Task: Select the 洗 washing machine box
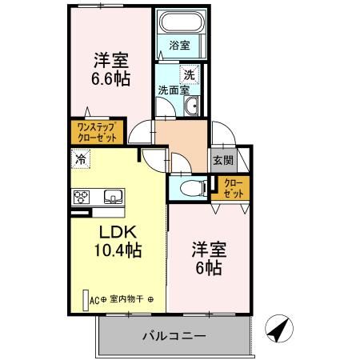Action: [x=188, y=74]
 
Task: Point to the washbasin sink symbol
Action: [x=192, y=108]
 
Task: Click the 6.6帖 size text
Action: [x=110, y=79]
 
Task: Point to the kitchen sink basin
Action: [x=111, y=195]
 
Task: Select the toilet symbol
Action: [x=187, y=188]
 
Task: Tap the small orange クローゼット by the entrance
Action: [x=233, y=189]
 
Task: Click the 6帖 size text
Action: [x=209, y=268]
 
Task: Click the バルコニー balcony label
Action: [x=174, y=334]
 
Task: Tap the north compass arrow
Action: [x=278, y=330]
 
